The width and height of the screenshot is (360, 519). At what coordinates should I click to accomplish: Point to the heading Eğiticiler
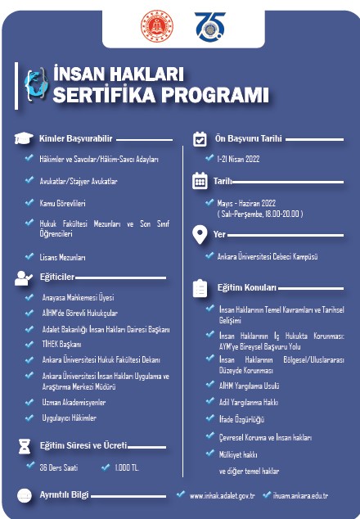coord(57,278)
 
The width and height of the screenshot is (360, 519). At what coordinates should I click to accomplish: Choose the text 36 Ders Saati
coord(60,468)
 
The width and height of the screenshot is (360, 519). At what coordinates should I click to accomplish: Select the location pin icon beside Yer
coord(199,235)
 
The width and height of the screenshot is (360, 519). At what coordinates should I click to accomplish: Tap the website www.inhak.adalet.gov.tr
coord(222,495)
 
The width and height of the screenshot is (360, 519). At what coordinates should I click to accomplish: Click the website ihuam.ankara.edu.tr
coord(301,495)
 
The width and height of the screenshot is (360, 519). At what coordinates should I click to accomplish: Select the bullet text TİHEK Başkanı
coord(63,345)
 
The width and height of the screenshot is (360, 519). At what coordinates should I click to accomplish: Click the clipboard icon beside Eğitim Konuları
coord(199,288)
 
